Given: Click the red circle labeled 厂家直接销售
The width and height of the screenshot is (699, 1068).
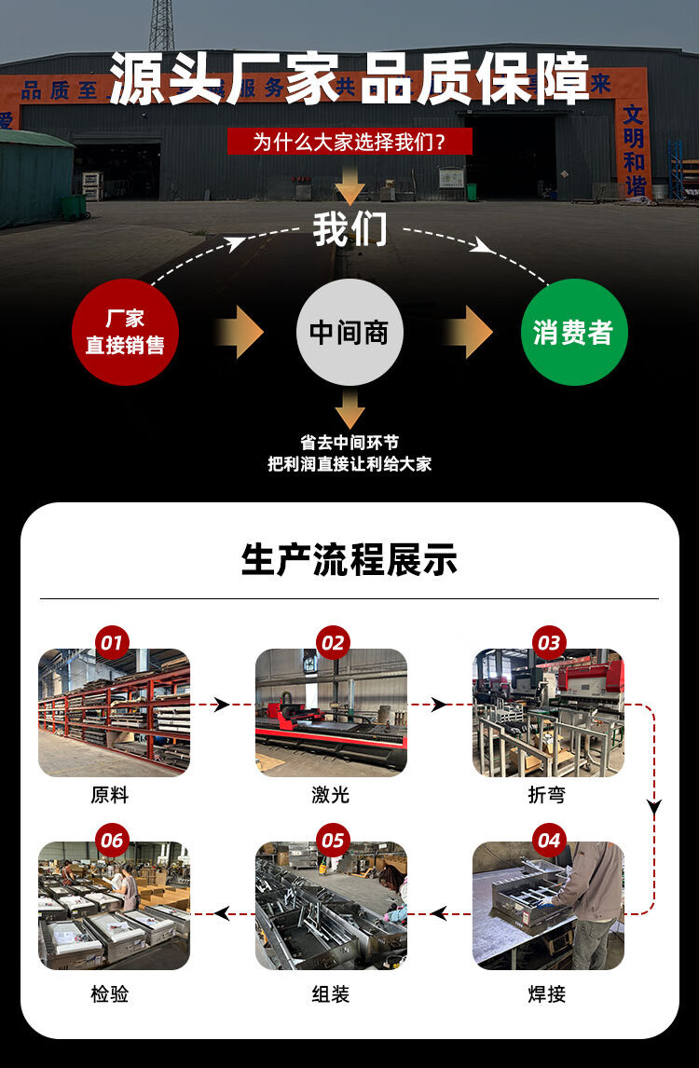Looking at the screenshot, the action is (125, 333).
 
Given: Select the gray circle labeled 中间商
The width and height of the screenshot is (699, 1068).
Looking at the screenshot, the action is (349, 333).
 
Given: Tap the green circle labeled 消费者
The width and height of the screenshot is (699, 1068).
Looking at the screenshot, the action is (573, 333).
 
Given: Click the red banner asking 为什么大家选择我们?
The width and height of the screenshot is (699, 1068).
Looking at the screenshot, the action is (349, 142).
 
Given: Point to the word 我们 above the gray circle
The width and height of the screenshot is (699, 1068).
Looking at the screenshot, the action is (349, 229).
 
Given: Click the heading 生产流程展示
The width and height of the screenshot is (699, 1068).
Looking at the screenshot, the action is (349, 560).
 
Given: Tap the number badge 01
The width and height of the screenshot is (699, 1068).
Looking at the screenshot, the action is (112, 642).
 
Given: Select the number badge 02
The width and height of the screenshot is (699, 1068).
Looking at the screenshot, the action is (332, 642).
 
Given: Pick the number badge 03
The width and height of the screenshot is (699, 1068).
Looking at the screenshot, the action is (549, 642).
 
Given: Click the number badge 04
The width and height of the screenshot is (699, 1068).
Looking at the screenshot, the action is (549, 841).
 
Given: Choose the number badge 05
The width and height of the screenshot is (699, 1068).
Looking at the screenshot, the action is (332, 841).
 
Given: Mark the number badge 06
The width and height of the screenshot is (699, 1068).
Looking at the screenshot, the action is (112, 841).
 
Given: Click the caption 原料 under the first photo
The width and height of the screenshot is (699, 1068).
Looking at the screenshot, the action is (110, 795).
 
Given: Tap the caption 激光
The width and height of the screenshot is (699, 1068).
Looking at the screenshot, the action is (331, 795).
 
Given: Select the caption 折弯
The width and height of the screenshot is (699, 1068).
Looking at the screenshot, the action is (547, 795).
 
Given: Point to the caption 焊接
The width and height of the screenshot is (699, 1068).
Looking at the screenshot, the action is (547, 994).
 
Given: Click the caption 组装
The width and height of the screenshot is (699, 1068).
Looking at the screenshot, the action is (331, 994).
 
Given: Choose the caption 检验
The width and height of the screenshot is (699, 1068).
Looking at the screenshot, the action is (110, 994).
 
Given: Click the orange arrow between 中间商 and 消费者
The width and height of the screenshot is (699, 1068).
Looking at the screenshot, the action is (467, 333).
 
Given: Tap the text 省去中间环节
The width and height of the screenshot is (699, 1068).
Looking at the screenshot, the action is (349, 443).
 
